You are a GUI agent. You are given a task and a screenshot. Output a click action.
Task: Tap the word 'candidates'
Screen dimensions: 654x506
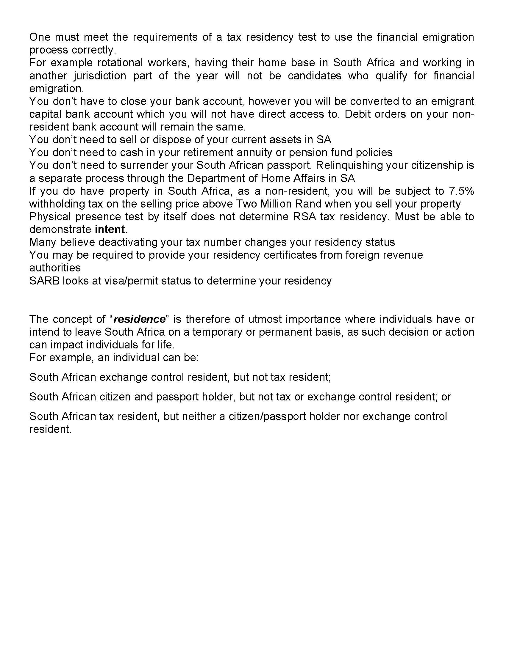pyautogui.click(x=314, y=76)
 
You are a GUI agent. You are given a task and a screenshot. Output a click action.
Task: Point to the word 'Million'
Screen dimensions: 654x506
pyautogui.click(x=278, y=204)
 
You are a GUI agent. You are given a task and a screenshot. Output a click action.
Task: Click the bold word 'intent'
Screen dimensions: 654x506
pyautogui.click(x=110, y=229)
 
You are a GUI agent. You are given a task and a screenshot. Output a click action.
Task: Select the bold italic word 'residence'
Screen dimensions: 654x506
pyautogui.click(x=140, y=319)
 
